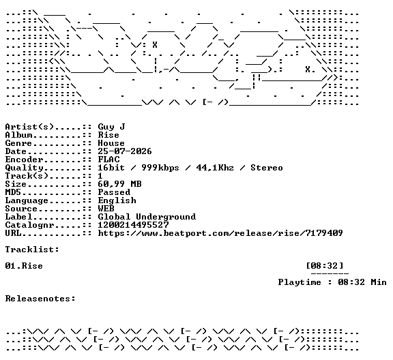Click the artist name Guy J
(111, 127)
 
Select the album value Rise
(108, 135)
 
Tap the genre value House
(111, 143)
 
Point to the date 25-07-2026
(125, 151)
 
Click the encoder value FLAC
(108, 160)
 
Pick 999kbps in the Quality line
(160, 168)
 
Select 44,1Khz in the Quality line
(215, 168)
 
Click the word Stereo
(267, 168)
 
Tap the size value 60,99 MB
(119, 184)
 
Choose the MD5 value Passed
(114, 192)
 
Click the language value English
(117, 200)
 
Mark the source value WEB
(106, 209)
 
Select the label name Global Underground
(147, 217)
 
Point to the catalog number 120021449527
(133, 225)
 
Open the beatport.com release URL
(220, 233)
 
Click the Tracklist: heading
(32, 250)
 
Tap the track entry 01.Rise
(24, 266)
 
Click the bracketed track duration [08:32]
(325, 266)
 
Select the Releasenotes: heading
(40, 299)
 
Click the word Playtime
(300, 282)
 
